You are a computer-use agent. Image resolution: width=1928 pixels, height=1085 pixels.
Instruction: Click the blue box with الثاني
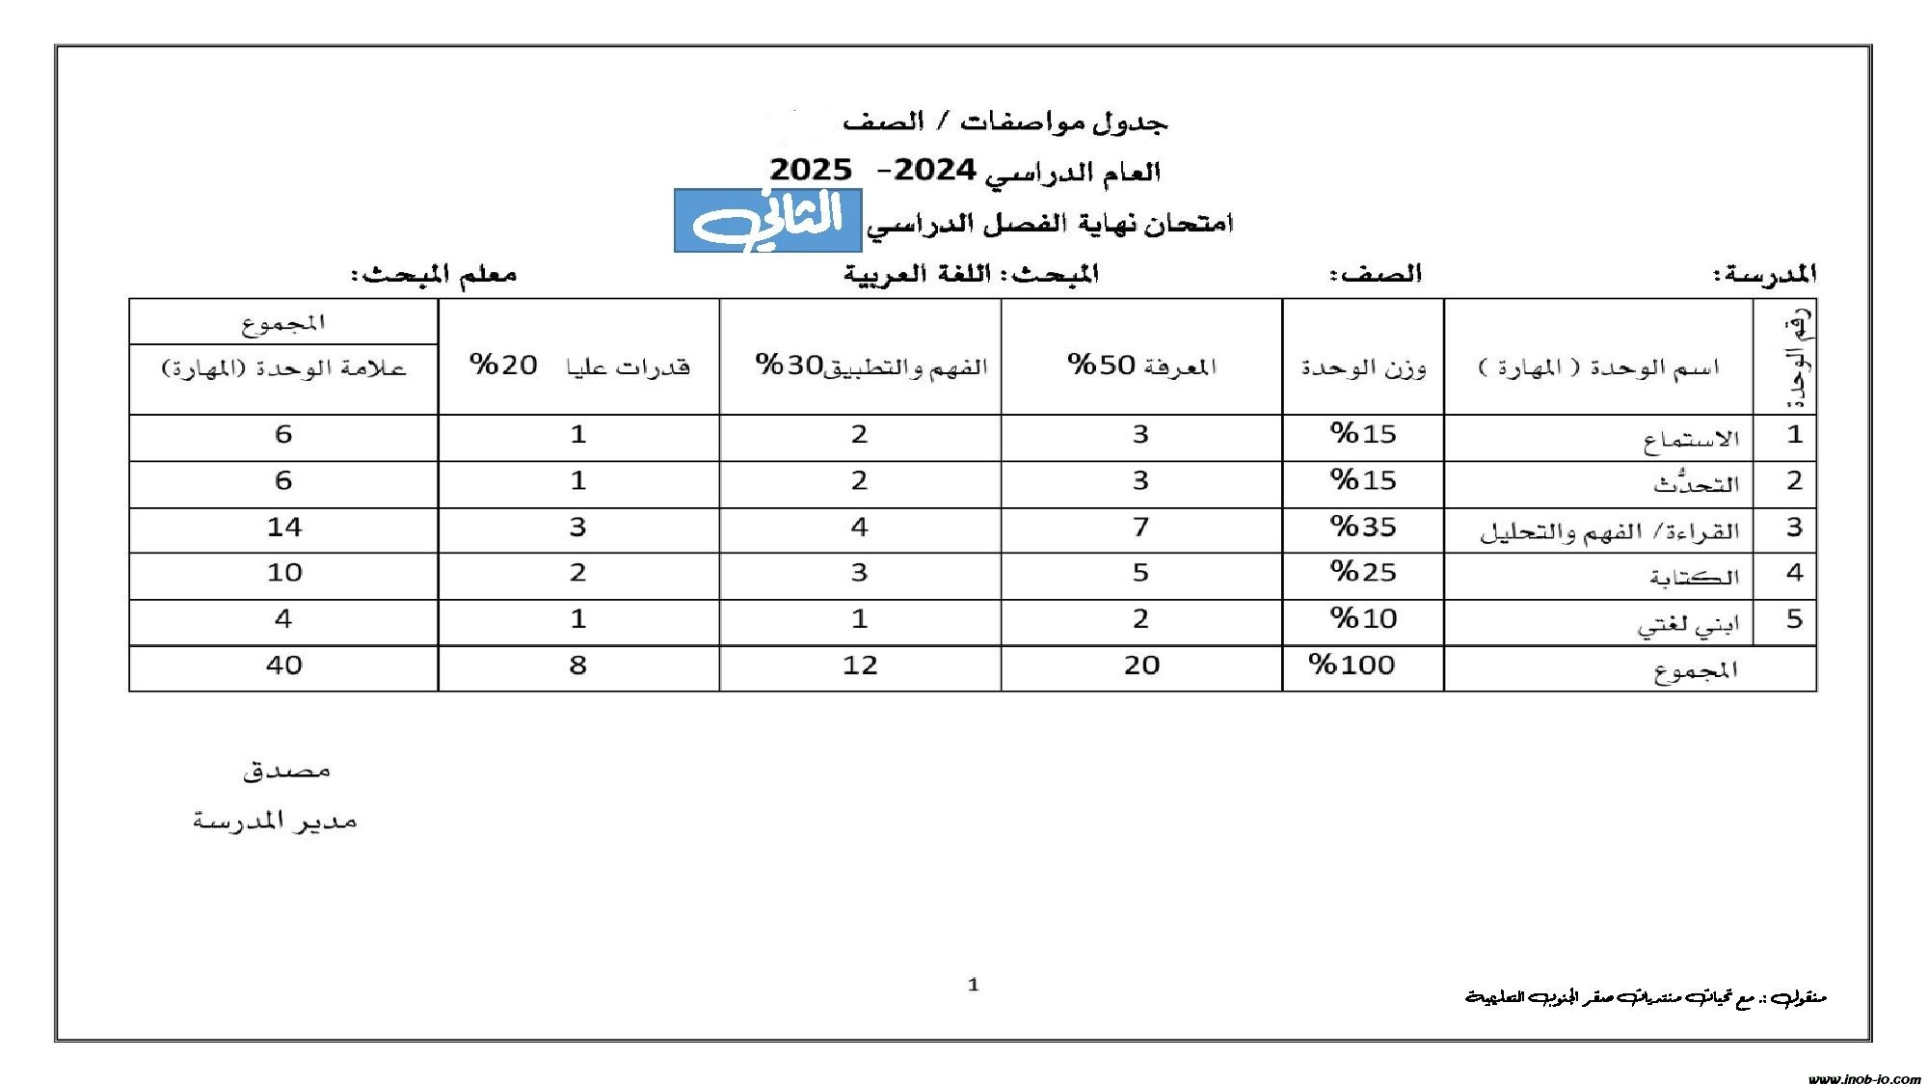(x=767, y=221)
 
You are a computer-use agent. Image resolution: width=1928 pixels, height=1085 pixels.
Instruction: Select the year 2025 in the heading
(x=811, y=171)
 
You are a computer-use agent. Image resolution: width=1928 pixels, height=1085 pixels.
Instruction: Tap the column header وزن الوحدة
(x=1363, y=367)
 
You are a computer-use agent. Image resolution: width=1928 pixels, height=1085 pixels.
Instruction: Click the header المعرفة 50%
(x=1141, y=366)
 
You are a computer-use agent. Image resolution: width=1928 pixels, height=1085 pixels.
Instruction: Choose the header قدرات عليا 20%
(x=579, y=366)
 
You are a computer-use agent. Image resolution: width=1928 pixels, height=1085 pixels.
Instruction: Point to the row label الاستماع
(x=1691, y=439)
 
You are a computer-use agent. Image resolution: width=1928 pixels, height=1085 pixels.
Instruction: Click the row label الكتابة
(x=1694, y=577)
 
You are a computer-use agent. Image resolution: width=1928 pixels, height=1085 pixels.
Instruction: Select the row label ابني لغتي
(x=1687, y=624)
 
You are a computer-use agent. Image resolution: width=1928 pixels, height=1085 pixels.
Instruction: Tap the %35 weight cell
(x=1363, y=527)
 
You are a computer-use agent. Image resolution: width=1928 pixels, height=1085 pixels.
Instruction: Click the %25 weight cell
(x=1363, y=572)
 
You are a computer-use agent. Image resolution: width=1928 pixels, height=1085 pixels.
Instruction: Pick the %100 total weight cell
(x=1352, y=665)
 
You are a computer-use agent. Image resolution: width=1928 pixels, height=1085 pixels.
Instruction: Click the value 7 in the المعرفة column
(x=1140, y=527)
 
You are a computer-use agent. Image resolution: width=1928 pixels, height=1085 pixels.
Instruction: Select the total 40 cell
(x=283, y=665)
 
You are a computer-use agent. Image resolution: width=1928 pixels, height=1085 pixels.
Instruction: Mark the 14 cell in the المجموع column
(x=283, y=527)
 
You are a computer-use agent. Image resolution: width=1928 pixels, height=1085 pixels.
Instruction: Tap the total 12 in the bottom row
(x=860, y=665)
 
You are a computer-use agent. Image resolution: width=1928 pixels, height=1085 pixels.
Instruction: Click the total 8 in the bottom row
(x=577, y=665)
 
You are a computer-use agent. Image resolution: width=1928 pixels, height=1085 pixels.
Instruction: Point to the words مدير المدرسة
(x=275, y=821)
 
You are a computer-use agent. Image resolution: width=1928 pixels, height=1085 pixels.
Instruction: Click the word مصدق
(x=286, y=770)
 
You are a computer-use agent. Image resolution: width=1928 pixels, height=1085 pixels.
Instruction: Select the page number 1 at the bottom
(x=973, y=985)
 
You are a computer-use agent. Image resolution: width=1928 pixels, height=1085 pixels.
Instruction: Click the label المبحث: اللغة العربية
(x=971, y=274)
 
